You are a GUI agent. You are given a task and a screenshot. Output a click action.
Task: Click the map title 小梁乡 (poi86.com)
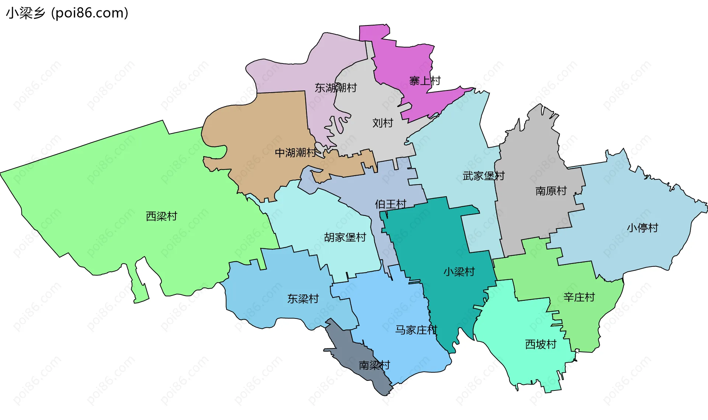click(x=67, y=13)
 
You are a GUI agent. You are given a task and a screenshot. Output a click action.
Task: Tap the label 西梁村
click(x=162, y=216)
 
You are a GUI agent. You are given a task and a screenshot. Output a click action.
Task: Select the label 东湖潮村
click(x=336, y=88)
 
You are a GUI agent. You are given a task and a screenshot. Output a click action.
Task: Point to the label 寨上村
click(x=425, y=81)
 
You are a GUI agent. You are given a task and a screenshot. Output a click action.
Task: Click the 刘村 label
click(x=383, y=123)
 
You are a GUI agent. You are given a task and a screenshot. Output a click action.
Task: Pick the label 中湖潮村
click(x=296, y=152)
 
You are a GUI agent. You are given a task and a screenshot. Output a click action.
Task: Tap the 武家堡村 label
click(x=483, y=176)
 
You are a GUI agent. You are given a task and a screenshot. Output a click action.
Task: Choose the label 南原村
click(x=551, y=191)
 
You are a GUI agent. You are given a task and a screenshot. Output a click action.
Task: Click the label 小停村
click(x=642, y=228)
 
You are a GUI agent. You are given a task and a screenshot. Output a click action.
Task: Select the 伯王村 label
click(x=391, y=204)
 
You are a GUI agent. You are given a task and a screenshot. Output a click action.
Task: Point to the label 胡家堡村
click(x=345, y=237)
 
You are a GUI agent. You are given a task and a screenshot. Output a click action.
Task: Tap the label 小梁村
click(x=459, y=272)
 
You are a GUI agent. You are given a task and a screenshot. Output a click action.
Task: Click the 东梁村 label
click(x=303, y=299)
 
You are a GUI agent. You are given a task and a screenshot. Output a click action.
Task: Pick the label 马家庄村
click(x=416, y=330)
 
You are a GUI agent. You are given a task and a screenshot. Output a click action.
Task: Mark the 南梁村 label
click(x=374, y=365)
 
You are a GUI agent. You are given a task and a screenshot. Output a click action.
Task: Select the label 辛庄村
click(x=579, y=297)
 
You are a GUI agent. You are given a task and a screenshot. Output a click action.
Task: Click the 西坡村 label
click(x=541, y=344)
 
